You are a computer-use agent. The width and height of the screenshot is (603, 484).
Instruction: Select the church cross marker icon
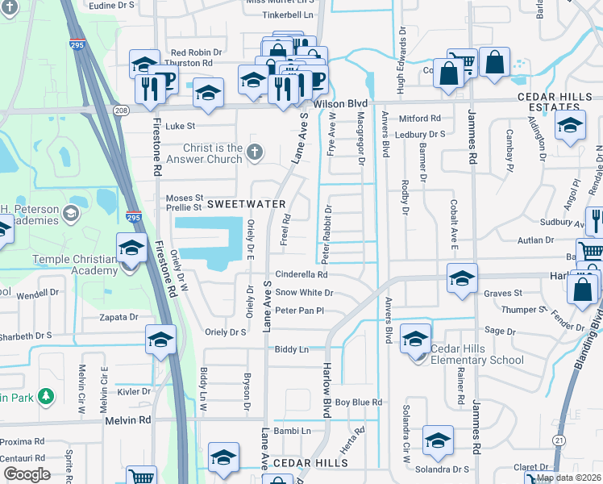(x=255, y=151)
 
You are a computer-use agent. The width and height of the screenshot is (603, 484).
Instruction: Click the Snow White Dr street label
(x=304, y=293)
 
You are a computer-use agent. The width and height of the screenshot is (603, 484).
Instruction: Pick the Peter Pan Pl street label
(x=299, y=311)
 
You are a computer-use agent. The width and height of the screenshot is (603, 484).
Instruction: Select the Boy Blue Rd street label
(x=358, y=402)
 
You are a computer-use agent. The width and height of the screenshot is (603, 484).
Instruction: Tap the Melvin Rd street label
(x=127, y=420)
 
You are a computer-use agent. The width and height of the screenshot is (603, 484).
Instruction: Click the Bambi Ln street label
(x=293, y=432)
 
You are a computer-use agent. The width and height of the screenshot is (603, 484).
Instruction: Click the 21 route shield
(x=558, y=439)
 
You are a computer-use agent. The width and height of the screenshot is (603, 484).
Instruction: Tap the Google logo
(x=27, y=474)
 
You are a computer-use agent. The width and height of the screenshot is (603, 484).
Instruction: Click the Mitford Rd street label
(x=419, y=119)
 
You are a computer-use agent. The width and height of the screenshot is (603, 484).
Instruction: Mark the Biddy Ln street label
(x=292, y=349)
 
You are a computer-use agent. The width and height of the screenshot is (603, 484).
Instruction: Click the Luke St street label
(x=181, y=126)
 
